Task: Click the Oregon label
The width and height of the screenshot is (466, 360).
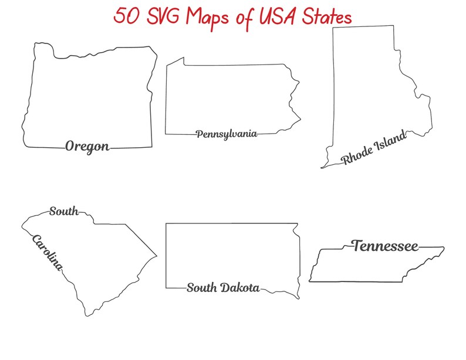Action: click(x=87, y=146)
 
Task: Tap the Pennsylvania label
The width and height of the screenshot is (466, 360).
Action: click(x=227, y=134)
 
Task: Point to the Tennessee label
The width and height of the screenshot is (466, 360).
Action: click(x=385, y=246)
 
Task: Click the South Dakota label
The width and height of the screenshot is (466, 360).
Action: click(x=223, y=287)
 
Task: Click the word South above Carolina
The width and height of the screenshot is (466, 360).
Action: click(x=63, y=211)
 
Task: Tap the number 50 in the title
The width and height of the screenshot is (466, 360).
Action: click(x=126, y=16)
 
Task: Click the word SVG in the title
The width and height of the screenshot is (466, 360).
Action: click(x=162, y=16)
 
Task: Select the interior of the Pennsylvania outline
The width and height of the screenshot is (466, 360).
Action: click(x=229, y=97)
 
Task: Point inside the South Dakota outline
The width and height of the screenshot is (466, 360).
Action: click(x=232, y=255)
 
